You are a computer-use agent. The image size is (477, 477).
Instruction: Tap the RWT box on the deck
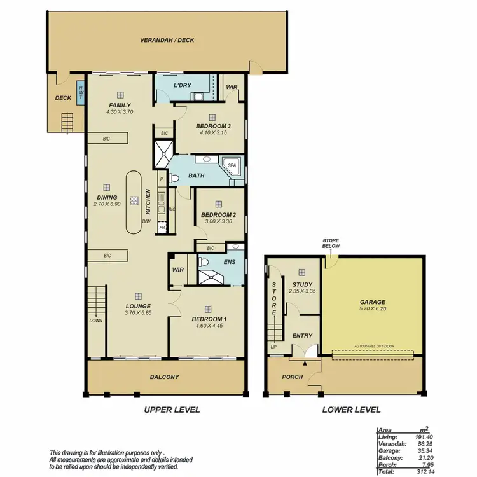coord(80,93)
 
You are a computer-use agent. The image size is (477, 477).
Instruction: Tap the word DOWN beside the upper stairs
coord(95,321)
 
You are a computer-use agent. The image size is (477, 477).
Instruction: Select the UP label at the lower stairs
coord(273,347)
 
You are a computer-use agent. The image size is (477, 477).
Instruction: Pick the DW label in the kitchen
coord(146,221)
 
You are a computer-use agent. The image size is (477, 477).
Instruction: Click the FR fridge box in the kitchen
coord(162,227)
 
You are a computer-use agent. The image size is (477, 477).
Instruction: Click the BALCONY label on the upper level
coord(165,377)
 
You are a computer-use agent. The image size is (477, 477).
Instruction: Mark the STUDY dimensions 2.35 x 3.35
coord(303,292)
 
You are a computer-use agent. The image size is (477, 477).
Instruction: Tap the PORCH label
coord(292,377)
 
